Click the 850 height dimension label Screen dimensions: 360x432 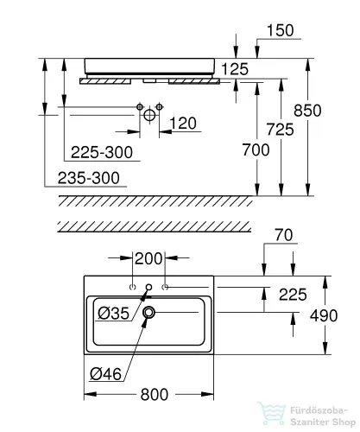click(x=307, y=111)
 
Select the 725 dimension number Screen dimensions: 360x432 click(x=280, y=129)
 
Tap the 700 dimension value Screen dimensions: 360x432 click(x=256, y=149)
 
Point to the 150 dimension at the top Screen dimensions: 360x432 click(x=281, y=30)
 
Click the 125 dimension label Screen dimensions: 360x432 click(x=235, y=69)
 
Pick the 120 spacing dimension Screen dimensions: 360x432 click(x=183, y=124)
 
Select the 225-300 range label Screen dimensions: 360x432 click(x=102, y=152)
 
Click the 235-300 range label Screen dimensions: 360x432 click(x=89, y=178)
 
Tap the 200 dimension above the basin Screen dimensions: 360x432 click(x=148, y=258)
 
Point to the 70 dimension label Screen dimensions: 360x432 click(x=284, y=235)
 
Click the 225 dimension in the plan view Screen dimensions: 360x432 click(x=293, y=295)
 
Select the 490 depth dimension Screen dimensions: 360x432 click(x=324, y=315)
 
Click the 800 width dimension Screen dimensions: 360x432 click(x=155, y=395)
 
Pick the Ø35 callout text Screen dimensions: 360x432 click(x=114, y=314)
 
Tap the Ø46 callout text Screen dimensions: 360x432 click(x=105, y=374)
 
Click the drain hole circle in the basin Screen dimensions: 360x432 click(x=148, y=312)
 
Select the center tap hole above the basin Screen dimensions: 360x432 click(x=148, y=287)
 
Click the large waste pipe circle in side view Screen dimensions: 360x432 click(x=149, y=115)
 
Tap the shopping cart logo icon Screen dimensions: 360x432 click(x=271, y=414)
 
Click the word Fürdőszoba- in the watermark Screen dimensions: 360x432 click(x=319, y=410)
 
